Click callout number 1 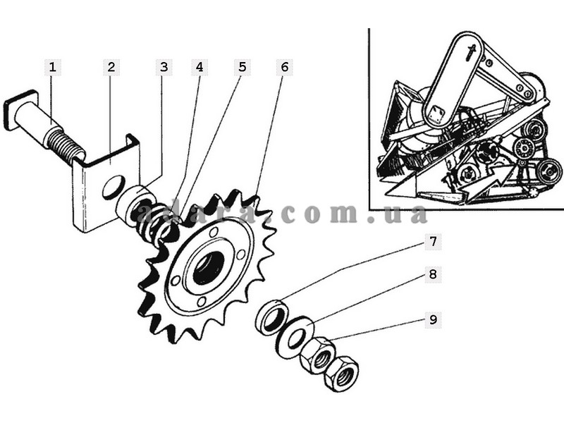pyautogui.click(x=53, y=67)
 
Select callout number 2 pyautogui.click(x=111, y=67)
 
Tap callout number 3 pyautogui.click(x=164, y=67)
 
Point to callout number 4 pyautogui.click(x=200, y=67)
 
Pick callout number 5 pyautogui.click(x=242, y=67)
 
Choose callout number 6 pyautogui.click(x=285, y=67)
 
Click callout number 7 pyautogui.click(x=433, y=241)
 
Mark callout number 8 pyautogui.click(x=433, y=274)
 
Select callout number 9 pyautogui.click(x=433, y=319)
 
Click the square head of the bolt pyautogui.click(x=21, y=109)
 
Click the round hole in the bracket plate pyautogui.click(x=114, y=187)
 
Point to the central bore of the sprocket pyautogui.click(x=209, y=268)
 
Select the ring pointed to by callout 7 pyautogui.click(x=273, y=317)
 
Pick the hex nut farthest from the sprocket pyautogui.click(x=341, y=374)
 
